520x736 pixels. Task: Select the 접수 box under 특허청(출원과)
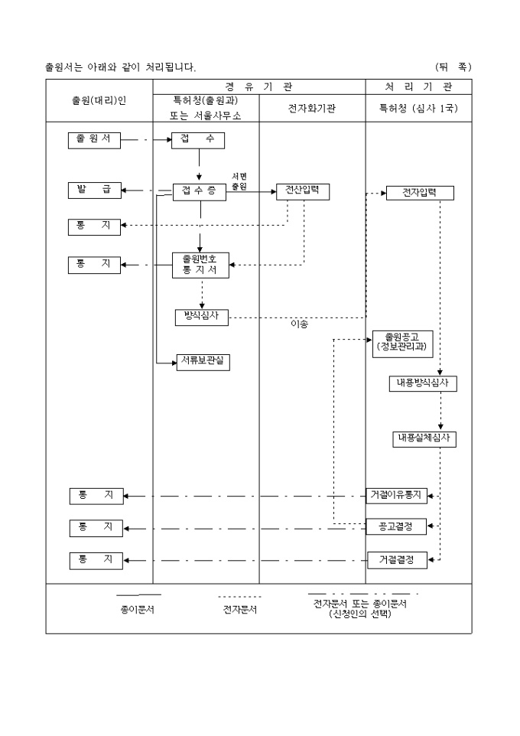pyautogui.click(x=199, y=140)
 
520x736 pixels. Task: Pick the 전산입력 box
pyautogui.click(x=303, y=191)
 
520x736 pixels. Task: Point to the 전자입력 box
pyautogui.click(x=420, y=193)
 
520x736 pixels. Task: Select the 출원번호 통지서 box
pyautogui.click(x=200, y=264)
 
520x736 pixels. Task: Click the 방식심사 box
pyautogui.click(x=202, y=316)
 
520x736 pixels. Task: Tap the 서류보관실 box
pyautogui.click(x=203, y=362)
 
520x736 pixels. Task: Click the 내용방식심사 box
pyautogui.click(x=422, y=383)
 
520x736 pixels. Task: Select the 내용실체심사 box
pyautogui.click(x=424, y=438)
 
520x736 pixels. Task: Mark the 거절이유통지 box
pyautogui.click(x=395, y=496)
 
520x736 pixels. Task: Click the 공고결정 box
pyautogui.click(x=395, y=528)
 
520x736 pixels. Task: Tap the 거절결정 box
pyautogui.click(x=395, y=560)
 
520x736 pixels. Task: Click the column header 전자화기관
pyautogui.click(x=312, y=109)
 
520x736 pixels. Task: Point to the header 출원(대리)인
pyautogui.click(x=99, y=100)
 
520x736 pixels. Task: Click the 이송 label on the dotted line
pyautogui.click(x=299, y=324)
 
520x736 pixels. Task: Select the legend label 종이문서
pyautogui.click(x=138, y=610)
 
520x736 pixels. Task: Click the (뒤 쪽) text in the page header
pyautogui.click(x=453, y=67)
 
